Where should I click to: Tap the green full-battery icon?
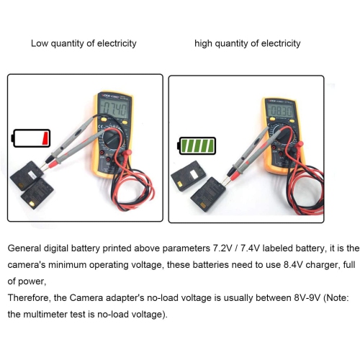pos(197,147)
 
